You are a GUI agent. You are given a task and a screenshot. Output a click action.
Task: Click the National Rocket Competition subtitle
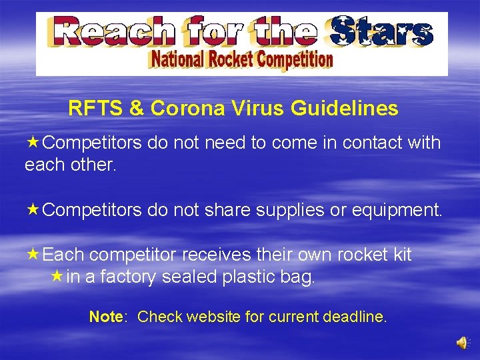[x=241, y=60]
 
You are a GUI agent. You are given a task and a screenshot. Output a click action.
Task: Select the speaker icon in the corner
[x=461, y=342]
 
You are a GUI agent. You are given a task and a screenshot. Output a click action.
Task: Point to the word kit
[x=400, y=255]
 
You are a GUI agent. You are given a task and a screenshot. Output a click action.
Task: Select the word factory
[x=136, y=277]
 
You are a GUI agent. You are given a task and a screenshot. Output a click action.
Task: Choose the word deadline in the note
[x=354, y=317]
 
